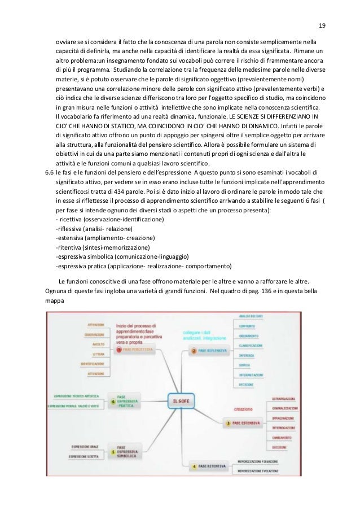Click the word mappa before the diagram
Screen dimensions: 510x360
click(x=55, y=301)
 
